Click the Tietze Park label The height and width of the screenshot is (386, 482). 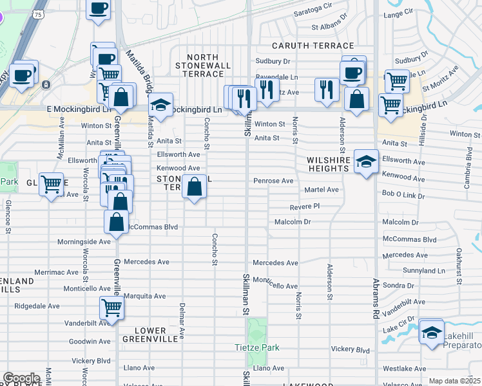[x=256, y=347]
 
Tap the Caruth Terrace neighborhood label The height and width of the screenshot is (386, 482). [x=313, y=46]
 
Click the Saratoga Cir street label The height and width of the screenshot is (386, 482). [x=331, y=13]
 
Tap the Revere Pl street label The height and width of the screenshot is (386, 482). [x=305, y=207]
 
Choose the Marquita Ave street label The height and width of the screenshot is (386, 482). [x=145, y=297]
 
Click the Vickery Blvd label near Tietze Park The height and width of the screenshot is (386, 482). [x=351, y=349]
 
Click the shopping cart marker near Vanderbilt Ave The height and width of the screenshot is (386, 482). [x=112, y=309]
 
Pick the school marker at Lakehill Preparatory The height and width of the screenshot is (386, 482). [x=431, y=333]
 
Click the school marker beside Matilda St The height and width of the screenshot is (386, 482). [x=160, y=105]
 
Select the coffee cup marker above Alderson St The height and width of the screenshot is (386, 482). [x=352, y=72]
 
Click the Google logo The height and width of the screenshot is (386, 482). [x=21, y=378]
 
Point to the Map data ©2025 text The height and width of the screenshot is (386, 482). [x=454, y=381]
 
